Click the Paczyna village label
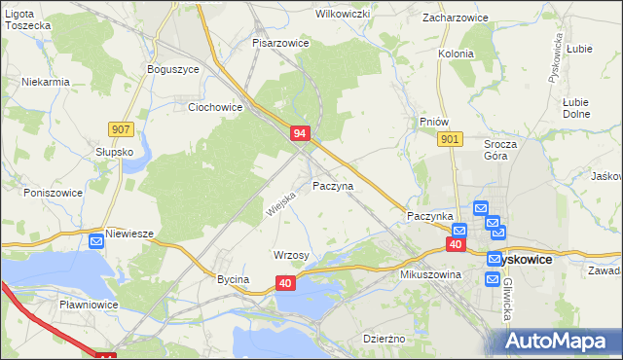pos(333,185)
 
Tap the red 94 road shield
pos(301,133)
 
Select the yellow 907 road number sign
pos(122,127)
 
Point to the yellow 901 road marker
pos(449,140)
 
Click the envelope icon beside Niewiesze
pos(96,241)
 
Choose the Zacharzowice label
pos(455,18)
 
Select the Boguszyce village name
pos(172,69)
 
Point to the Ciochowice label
pos(214,107)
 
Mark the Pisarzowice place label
pos(280,44)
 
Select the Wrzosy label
pos(291,255)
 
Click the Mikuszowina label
pos(429,275)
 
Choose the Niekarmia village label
pos(46,82)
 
